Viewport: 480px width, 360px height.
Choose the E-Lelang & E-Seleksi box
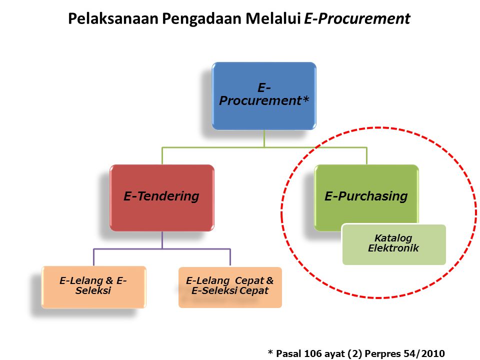point(93,286)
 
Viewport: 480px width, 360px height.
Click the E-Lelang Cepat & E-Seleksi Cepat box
point(230,286)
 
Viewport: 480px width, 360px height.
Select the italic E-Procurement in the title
point(357,19)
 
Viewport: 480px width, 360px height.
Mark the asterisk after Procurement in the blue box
point(306,100)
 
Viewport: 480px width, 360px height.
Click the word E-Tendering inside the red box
point(161,196)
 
